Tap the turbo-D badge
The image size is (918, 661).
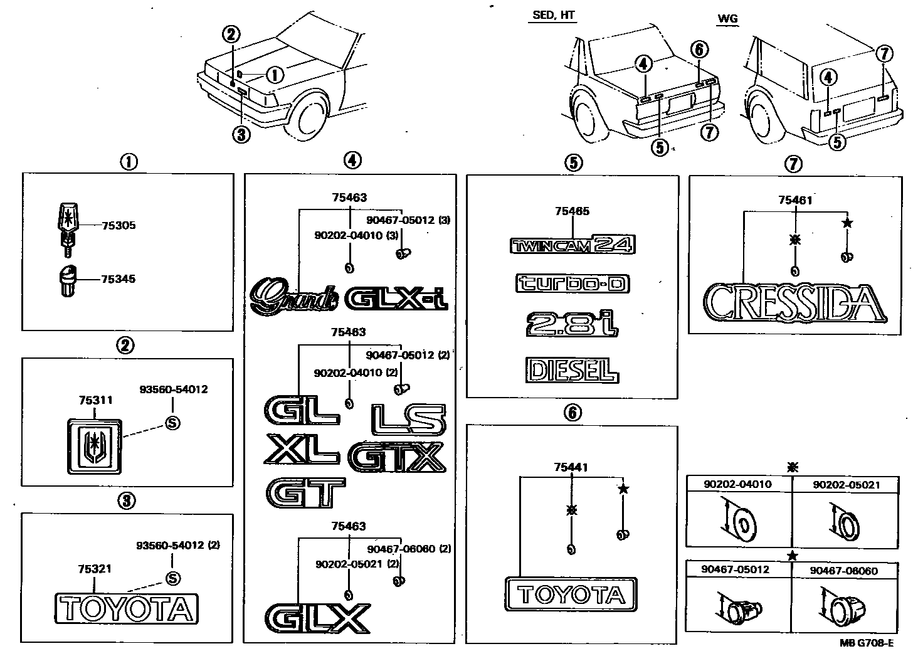(572, 283)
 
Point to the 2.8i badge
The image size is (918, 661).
(572, 324)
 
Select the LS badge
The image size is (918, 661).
(408, 419)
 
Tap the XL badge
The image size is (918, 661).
(302, 450)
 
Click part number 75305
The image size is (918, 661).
(119, 226)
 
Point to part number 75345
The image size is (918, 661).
(119, 279)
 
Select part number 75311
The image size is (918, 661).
(95, 399)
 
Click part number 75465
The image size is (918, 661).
(572, 212)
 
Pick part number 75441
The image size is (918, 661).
(571, 467)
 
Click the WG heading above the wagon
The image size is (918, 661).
(727, 19)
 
